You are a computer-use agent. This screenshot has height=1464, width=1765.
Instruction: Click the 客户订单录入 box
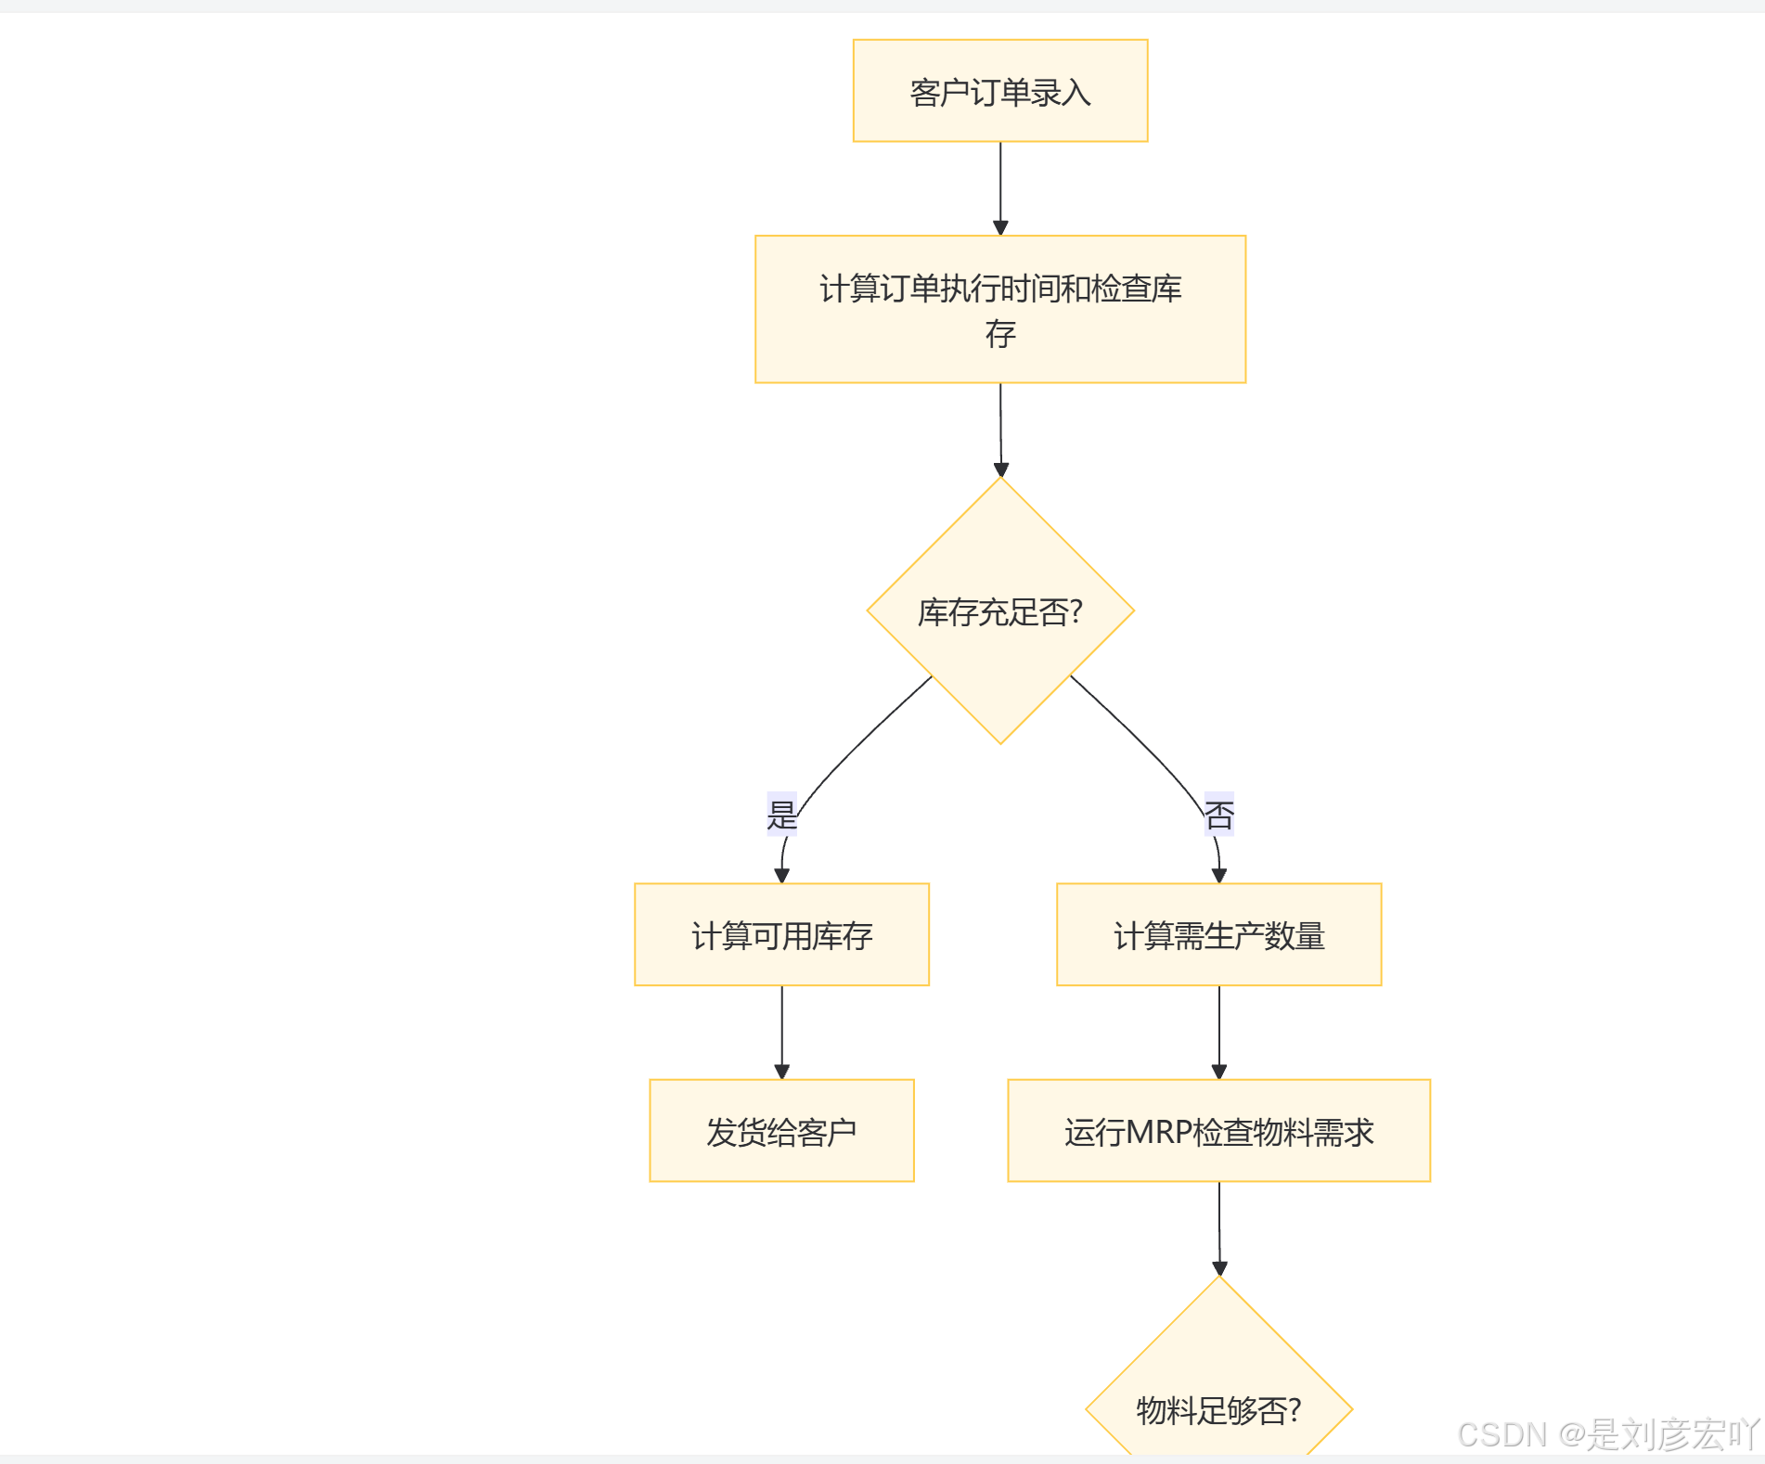click(x=999, y=91)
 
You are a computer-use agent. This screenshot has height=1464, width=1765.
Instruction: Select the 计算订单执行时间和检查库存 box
click(x=999, y=309)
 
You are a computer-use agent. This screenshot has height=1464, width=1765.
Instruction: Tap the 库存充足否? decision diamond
click(x=999, y=610)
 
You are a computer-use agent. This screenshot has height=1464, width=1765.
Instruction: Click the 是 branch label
click(x=781, y=815)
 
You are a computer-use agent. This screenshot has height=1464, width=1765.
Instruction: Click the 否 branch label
click(x=1218, y=815)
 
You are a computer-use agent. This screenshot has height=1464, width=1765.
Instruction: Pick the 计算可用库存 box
click(x=781, y=934)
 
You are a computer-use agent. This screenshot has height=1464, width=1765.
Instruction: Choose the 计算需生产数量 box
click(x=1218, y=934)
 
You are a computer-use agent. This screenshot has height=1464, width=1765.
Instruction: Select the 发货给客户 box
click(x=781, y=1130)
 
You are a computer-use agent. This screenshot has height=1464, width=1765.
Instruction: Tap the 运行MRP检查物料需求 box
click(x=1218, y=1130)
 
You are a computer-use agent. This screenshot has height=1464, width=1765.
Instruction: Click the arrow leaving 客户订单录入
click(x=999, y=186)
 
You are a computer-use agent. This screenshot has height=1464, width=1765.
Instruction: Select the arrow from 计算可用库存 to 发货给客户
click(x=781, y=1030)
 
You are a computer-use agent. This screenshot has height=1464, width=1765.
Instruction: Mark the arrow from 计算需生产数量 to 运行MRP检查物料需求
click(x=1218, y=1030)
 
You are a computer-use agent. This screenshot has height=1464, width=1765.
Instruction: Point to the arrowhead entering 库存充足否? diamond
click(x=1000, y=469)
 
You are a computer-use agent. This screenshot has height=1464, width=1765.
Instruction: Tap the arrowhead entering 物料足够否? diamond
click(x=1219, y=1268)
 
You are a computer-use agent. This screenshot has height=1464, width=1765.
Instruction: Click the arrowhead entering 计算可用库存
click(x=781, y=875)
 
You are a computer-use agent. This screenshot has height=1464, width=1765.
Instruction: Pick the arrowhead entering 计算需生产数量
click(x=1218, y=875)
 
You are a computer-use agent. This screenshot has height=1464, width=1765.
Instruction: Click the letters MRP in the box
click(x=1158, y=1132)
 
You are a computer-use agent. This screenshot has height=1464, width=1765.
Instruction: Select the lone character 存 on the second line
click(x=999, y=333)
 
